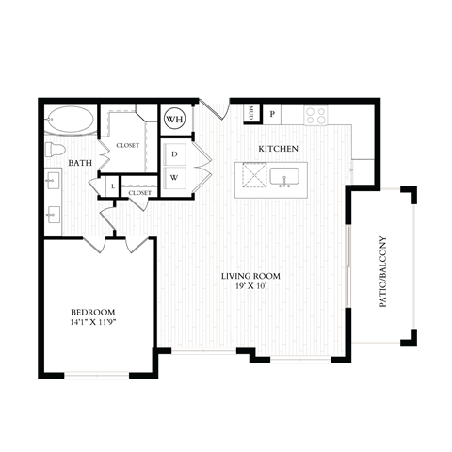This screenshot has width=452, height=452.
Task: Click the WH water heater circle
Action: (x=174, y=120)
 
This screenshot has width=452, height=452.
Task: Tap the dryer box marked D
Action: (x=175, y=153)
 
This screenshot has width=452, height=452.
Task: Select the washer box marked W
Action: (x=175, y=177)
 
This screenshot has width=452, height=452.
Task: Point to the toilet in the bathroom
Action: (x=56, y=152)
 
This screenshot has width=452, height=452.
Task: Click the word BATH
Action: (x=79, y=164)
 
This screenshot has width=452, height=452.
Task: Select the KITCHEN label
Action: (x=279, y=149)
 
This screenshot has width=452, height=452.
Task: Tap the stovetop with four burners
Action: (x=315, y=116)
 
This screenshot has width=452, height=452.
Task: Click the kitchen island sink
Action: (x=284, y=176)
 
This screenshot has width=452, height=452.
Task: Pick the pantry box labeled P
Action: (x=272, y=114)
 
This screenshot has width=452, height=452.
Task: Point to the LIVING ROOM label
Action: (x=250, y=276)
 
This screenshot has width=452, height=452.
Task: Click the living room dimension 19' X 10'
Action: (x=250, y=287)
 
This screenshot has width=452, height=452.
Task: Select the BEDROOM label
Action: (x=92, y=312)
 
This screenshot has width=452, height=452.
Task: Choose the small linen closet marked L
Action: (x=113, y=187)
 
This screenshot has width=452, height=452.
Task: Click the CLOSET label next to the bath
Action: (x=127, y=145)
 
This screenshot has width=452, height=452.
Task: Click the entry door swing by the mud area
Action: (x=217, y=109)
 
